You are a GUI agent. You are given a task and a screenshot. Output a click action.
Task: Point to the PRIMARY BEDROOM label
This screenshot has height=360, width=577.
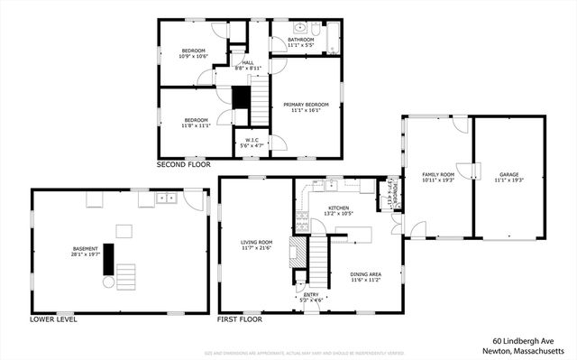(x=306, y=105)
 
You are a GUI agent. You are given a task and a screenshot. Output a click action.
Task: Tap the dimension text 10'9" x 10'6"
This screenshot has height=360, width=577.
(x=194, y=56)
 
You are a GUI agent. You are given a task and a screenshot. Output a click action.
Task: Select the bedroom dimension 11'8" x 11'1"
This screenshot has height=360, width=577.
(x=197, y=125)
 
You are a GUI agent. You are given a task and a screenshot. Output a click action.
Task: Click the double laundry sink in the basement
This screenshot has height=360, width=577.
(x=164, y=198)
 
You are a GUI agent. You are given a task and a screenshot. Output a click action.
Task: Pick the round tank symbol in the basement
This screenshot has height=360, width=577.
(x=109, y=282)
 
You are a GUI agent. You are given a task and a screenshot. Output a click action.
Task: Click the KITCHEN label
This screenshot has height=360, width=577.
(x=338, y=208)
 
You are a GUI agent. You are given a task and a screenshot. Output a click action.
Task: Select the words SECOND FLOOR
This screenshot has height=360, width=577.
(x=183, y=166)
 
